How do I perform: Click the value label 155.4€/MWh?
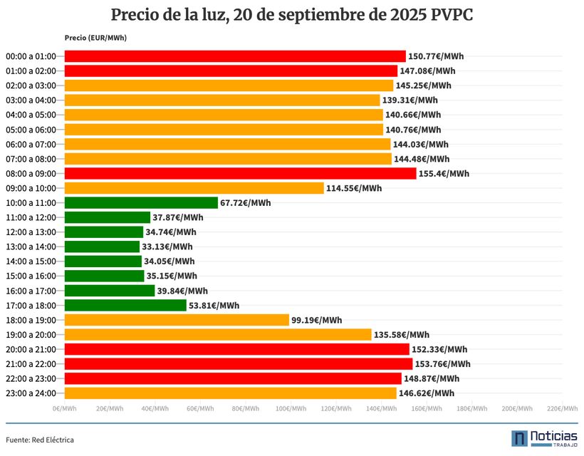pyautogui.click(x=444, y=173)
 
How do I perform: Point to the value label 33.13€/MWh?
pyautogui.click(x=167, y=247)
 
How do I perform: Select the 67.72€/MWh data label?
pyautogui.click(x=246, y=203)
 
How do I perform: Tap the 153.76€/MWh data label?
pyautogui.click(x=443, y=364)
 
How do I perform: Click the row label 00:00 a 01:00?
pyautogui.click(x=34, y=56)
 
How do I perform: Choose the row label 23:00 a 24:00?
pyautogui.click(x=34, y=393)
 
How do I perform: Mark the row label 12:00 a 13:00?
pyautogui.click(x=34, y=232)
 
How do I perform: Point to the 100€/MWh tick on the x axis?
pyautogui.click(x=291, y=409)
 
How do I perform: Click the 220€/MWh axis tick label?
pyautogui.click(x=560, y=409)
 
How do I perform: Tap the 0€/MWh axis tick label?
pyautogui.click(x=65, y=409)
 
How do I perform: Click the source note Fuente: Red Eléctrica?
pyautogui.click(x=40, y=440)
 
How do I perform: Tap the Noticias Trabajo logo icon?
pyautogui.click(x=520, y=438)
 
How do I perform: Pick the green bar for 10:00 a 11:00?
pyautogui.click(x=141, y=203)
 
